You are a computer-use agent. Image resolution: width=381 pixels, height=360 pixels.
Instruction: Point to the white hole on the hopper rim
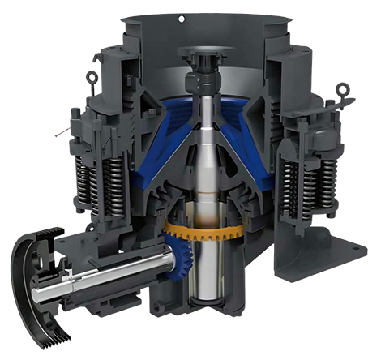[x=182, y=18]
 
